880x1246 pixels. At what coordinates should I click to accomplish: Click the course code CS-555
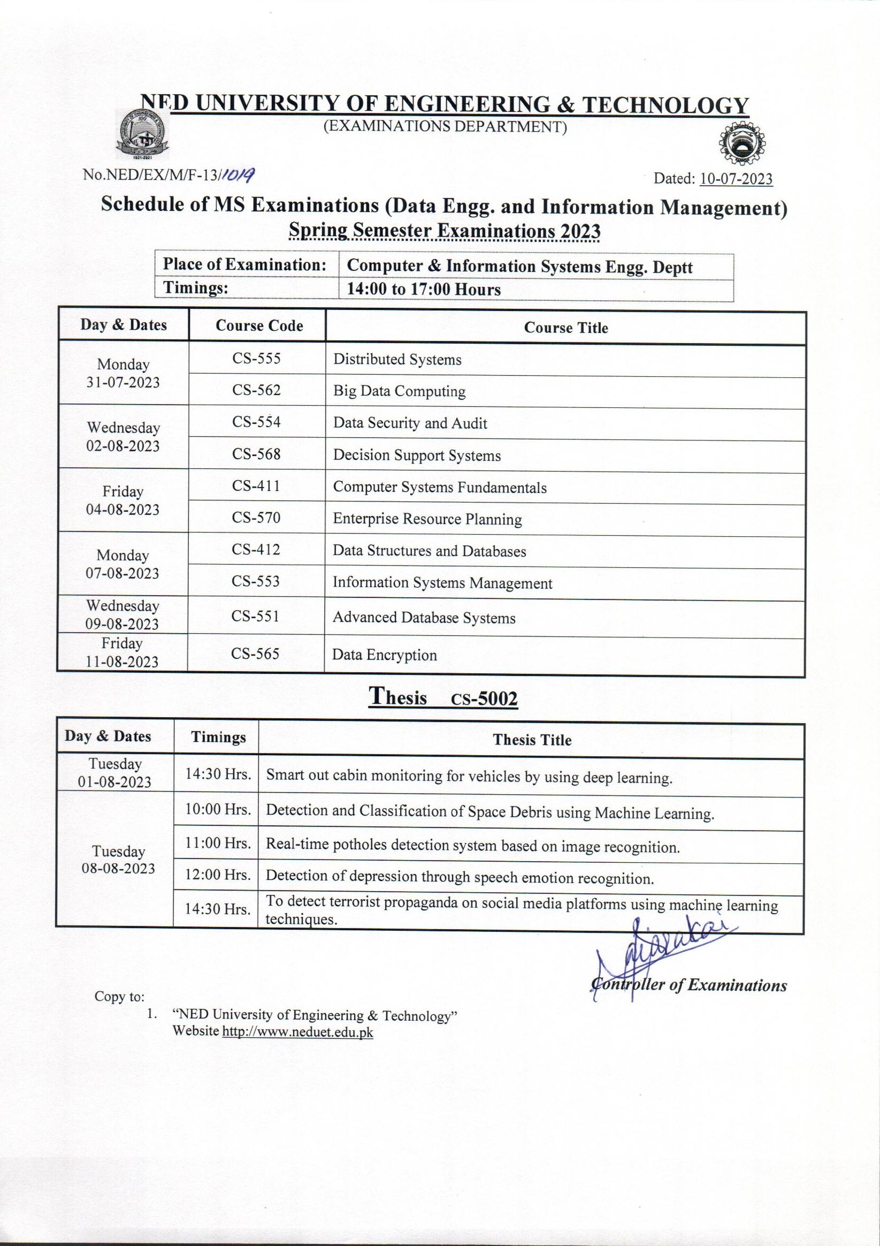coord(256,359)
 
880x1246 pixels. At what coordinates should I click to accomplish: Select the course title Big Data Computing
coord(399,391)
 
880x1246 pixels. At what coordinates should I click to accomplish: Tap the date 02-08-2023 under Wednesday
coord(123,446)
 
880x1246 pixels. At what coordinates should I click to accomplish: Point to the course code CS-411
coord(256,485)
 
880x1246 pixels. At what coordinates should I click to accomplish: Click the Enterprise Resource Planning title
coord(427,519)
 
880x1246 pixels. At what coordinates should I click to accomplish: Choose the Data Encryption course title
coord(384,655)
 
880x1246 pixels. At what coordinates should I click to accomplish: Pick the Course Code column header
coord(259,325)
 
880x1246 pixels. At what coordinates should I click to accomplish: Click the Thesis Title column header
coord(532,740)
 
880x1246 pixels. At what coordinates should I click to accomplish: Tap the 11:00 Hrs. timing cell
coord(218,843)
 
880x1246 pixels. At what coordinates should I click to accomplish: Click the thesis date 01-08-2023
coord(114,781)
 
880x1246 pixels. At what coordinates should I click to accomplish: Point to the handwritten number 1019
coord(239,173)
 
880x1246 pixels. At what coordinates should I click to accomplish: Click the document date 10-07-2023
coord(736,179)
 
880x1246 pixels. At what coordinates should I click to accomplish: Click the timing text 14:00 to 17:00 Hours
coord(423,289)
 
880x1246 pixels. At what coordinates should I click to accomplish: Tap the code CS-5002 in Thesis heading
coord(484,700)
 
